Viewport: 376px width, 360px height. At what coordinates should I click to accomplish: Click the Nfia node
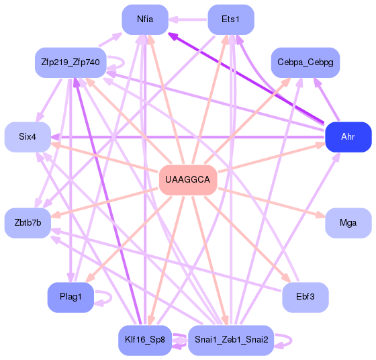click(x=144, y=19)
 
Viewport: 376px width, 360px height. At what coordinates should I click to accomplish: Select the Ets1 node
click(x=230, y=19)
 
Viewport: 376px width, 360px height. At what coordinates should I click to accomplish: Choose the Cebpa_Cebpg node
click(x=305, y=62)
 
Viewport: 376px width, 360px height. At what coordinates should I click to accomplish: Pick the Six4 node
click(x=28, y=137)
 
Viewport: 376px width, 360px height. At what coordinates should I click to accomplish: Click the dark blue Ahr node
click(x=348, y=137)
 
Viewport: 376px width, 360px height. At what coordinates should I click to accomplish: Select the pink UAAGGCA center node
click(x=187, y=180)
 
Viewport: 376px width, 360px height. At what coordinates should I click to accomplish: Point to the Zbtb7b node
click(x=28, y=222)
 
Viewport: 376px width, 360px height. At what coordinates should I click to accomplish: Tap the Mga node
click(x=348, y=222)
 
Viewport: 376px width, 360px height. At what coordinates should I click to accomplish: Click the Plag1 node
click(x=70, y=297)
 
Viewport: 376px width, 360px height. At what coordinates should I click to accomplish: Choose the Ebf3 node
click(x=305, y=297)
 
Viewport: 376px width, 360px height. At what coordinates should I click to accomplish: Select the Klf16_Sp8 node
click(x=144, y=340)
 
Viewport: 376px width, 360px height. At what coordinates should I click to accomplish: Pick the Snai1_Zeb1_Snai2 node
click(x=230, y=340)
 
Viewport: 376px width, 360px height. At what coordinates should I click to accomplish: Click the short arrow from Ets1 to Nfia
click(x=187, y=19)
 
